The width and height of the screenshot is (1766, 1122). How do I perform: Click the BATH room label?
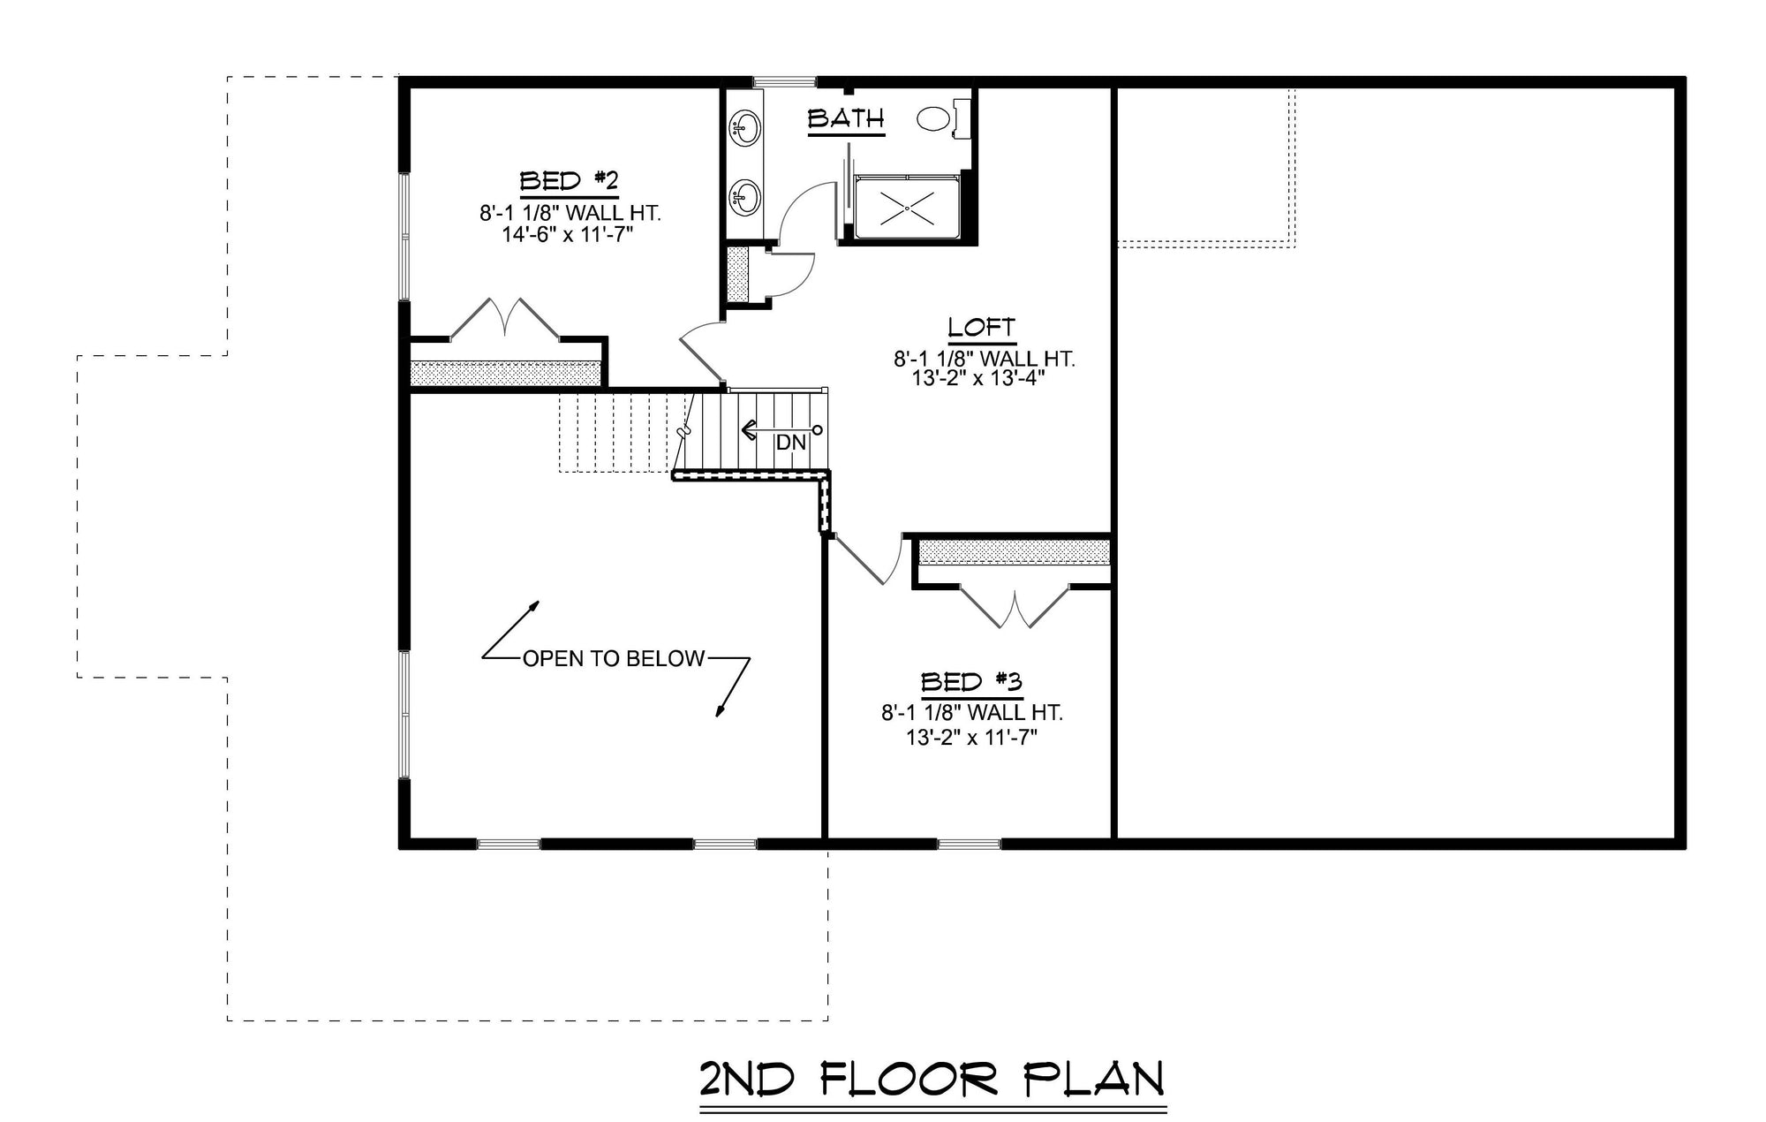(846, 118)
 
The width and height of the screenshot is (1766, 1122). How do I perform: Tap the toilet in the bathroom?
(943, 118)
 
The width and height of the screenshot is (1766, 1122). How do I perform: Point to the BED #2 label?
(568, 182)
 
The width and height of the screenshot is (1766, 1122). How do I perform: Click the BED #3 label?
(971, 682)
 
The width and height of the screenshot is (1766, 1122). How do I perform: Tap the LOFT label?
(981, 328)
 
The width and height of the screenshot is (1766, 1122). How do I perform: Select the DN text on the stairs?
(791, 443)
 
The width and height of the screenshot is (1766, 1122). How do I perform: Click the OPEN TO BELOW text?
(615, 658)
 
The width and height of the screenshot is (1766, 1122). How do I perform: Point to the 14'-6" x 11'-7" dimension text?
(569, 234)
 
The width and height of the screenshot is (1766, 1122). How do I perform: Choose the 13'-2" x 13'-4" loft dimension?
(982, 379)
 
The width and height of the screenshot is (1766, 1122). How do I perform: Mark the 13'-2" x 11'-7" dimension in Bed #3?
(971, 738)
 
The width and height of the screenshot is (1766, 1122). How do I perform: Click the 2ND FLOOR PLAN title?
(932, 1080)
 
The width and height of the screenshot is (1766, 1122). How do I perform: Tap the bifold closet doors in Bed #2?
(505, 318)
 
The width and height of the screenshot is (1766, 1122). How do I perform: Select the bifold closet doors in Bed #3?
(1015, 606)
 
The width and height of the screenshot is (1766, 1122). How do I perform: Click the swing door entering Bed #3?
(869, 558)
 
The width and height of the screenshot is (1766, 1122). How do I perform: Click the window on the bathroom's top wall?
(785, 82)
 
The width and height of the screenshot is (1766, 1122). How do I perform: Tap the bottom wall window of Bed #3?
(970, 844)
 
